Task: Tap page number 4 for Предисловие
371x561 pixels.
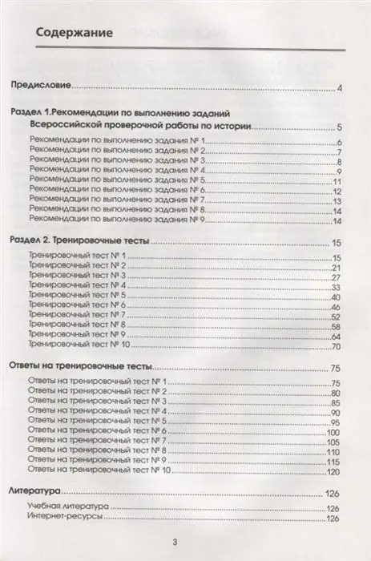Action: click(x=340, y=88)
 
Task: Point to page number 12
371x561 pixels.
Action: click(x=337, y=192)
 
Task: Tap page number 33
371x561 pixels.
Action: click(x=337, y=287)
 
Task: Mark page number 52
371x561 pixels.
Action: click(x=337, y=317)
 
